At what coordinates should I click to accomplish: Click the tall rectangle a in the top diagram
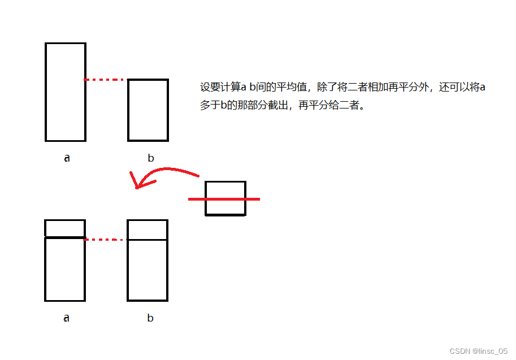point(66,92)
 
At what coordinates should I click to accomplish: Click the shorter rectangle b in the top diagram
point(148,110)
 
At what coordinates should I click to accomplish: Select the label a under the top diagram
point(67,158)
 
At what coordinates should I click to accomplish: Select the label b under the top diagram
point(150,158)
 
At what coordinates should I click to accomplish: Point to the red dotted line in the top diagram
point(105,80)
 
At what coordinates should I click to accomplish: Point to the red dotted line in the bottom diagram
point(105,240)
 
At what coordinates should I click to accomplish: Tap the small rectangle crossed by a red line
point(226,190)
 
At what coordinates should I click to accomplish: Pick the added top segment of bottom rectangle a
point(65,228)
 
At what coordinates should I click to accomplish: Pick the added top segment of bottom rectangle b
point(148,230)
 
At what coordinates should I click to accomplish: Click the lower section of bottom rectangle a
point(65,270)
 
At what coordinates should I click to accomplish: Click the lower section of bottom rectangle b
point(148,270)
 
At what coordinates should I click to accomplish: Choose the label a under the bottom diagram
point(66,318)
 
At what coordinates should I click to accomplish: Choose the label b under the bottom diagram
point(150,318)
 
